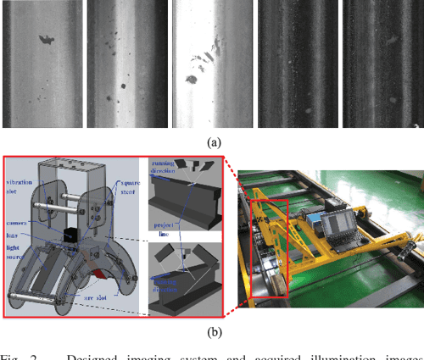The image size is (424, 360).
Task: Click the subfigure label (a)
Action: (211, 143)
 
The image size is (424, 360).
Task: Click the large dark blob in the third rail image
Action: (192, 80)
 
